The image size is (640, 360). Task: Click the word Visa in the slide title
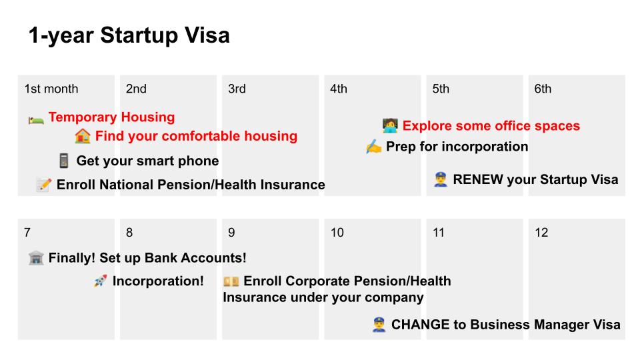tap(207, 35)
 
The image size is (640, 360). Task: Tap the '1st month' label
tap(51, 89)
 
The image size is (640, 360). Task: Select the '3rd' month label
tap(237, 89)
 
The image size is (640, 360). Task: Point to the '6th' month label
tap(543, 89)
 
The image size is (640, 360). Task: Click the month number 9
tap(231, 233)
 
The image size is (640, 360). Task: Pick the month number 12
tap(541, 233)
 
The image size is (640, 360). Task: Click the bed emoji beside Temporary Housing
tap(36, 119)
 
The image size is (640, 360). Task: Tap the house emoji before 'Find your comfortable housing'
tap(83, 136)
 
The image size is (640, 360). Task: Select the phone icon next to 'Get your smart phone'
tap(64, 161)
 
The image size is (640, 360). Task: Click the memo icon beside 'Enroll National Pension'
tap(44, 185)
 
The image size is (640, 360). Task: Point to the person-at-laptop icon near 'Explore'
tap(390, 126)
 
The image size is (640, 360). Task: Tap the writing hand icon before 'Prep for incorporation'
tap(373, 147)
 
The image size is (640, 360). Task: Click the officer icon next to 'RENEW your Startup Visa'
tap(441, 179)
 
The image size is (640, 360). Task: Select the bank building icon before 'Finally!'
tap(36, 258)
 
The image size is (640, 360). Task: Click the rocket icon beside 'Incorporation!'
tap(100, 281)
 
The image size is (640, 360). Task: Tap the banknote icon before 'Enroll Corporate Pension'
tap(231, 281)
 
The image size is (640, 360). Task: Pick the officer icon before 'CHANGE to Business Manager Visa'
tap(379, 325)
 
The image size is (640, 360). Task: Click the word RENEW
tap(477, 179)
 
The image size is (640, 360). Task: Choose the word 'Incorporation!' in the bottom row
tap(158, 281)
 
